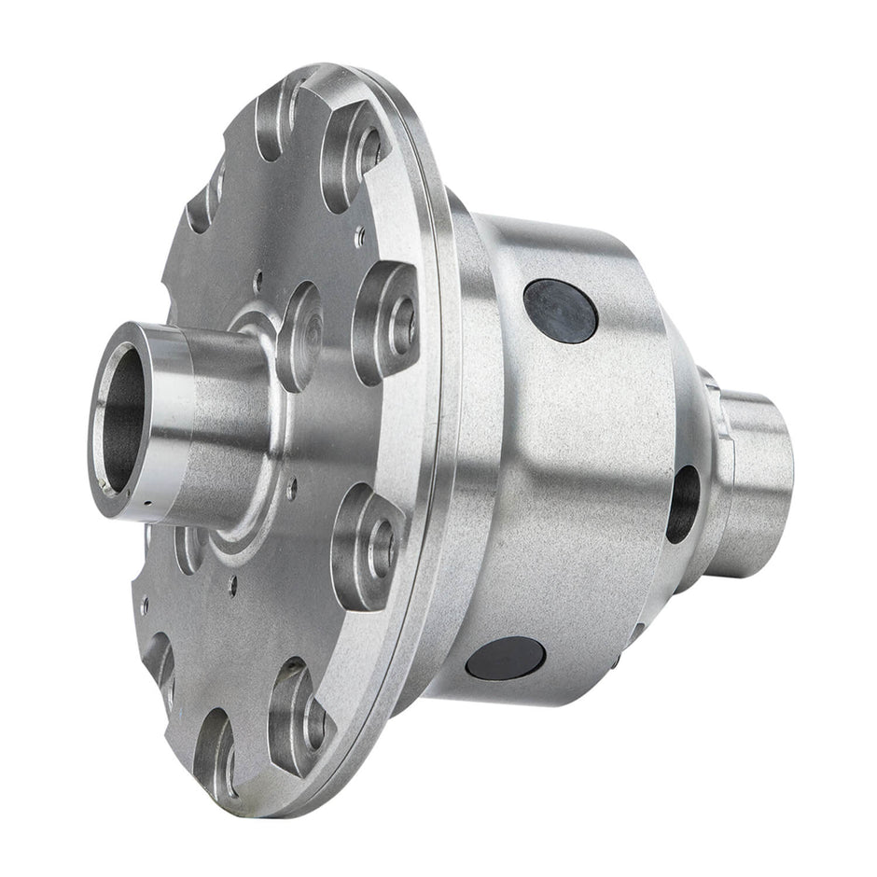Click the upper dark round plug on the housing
(x=560, y=311)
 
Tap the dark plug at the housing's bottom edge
(x=505, y=659)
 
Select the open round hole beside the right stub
(x=682, y=504)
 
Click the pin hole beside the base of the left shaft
(x=291, y=484)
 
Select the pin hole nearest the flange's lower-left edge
(x=144, y=606)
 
